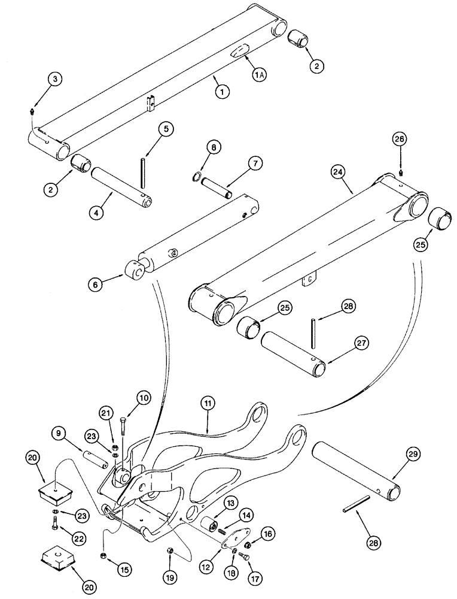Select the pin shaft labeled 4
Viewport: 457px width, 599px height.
(x=120, y=187)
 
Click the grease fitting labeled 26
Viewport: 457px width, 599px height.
(x=400, y=173)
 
